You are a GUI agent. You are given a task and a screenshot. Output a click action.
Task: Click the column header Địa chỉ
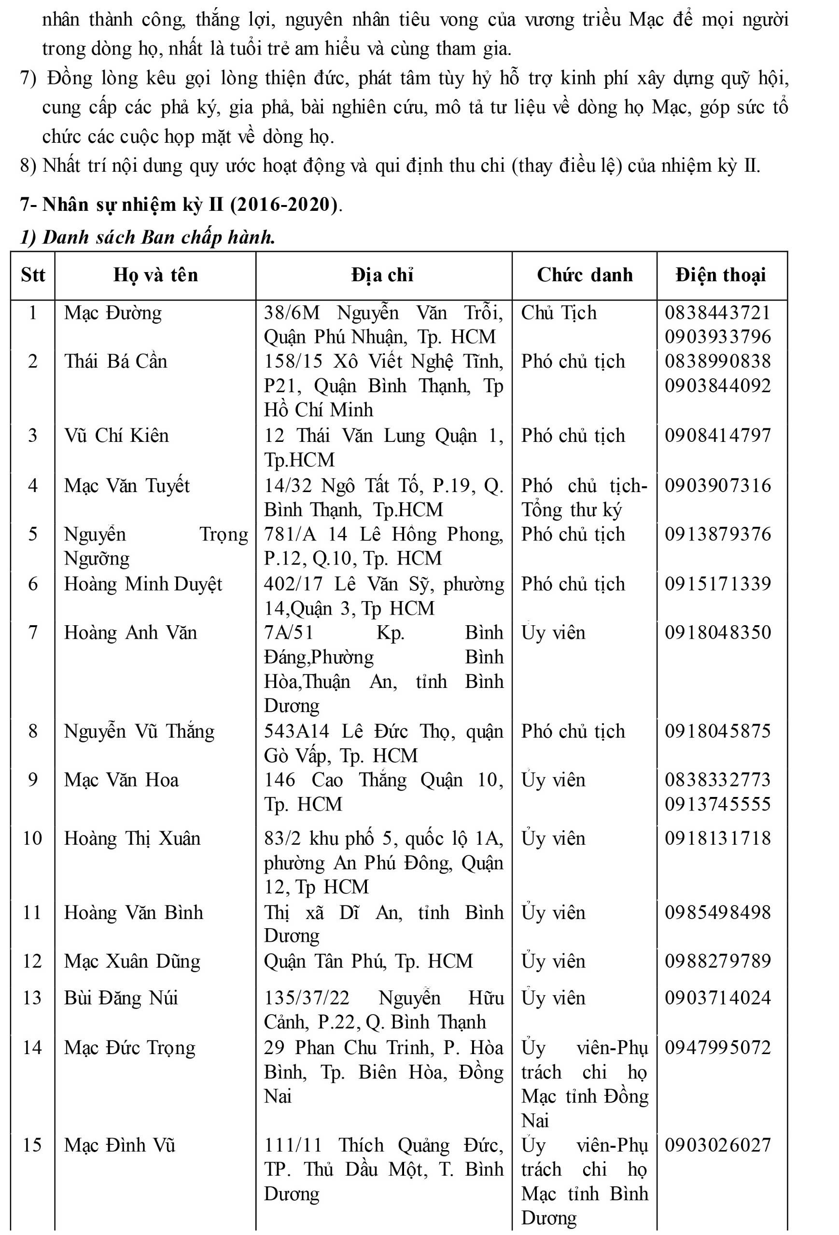point(382,275)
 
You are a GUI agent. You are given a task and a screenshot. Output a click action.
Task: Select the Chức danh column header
point(584,275)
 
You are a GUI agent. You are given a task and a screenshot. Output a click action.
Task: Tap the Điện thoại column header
point(720,275)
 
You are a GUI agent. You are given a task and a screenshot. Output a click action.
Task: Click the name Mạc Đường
point(112,313)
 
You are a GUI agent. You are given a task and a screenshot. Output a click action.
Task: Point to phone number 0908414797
point(717,436)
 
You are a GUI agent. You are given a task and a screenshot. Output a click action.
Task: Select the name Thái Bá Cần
point(115,361)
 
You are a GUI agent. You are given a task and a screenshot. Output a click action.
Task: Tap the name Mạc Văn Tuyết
point(126,486)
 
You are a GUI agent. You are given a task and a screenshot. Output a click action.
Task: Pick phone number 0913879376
point(717,535)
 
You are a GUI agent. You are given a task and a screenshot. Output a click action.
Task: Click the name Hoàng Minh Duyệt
point(143,585)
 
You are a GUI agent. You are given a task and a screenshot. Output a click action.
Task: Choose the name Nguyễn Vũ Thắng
point(140,732)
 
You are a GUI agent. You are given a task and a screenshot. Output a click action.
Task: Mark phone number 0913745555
point(717,804)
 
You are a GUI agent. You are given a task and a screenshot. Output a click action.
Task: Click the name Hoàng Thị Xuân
point(132,838)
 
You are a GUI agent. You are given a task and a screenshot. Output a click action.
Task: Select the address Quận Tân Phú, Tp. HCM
point(368,961)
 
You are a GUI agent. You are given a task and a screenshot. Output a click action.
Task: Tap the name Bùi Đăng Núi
point(121,998)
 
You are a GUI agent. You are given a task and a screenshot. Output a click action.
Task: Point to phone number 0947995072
point(717,1047)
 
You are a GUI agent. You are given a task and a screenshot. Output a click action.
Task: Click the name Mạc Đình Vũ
point(120,1145)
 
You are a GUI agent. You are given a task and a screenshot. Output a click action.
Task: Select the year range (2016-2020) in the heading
point(283,205)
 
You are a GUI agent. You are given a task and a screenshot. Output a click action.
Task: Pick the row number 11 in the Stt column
point(32,913)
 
